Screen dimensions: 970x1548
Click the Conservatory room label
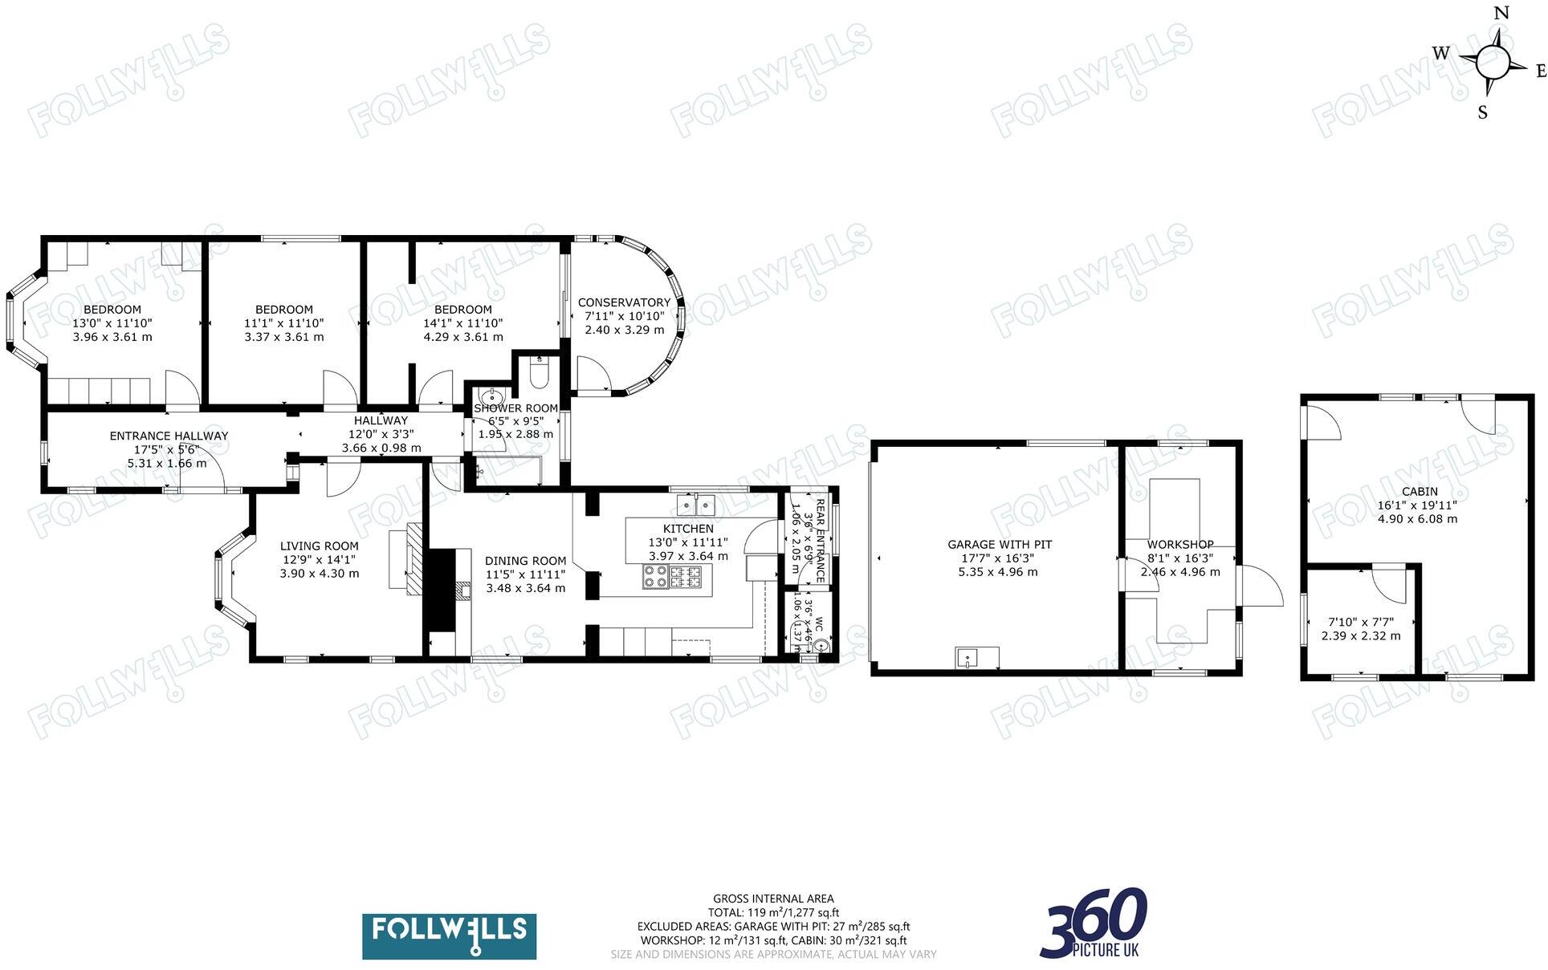624,302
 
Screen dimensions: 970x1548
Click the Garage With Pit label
999,545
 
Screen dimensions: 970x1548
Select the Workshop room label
1179,545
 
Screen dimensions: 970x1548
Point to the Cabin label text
1420,492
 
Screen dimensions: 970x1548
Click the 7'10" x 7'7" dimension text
1360,622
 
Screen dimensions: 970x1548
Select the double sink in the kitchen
695,505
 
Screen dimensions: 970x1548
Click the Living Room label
319,546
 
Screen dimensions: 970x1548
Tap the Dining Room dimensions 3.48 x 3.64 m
525,588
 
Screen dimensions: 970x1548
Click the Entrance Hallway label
169,436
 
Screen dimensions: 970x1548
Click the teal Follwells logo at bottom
449,936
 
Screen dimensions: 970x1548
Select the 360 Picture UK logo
1095,923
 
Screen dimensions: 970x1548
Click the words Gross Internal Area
772,899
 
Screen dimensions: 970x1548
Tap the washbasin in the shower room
491,398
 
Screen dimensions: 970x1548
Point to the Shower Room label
515,408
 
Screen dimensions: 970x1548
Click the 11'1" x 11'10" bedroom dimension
283,323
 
